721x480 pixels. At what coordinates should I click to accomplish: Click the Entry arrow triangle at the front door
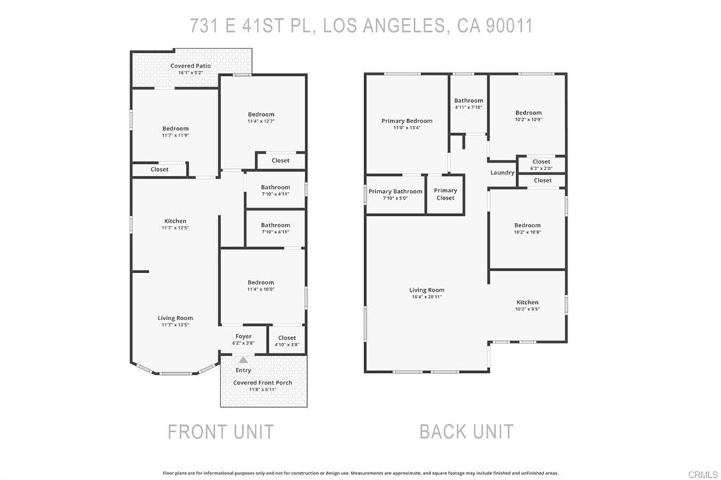click(x=243, y=360)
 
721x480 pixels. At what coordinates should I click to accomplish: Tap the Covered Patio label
click(x=190, y=66)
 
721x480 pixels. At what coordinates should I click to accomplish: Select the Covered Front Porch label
click(x=263, y=383)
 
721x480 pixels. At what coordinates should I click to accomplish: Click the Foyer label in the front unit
click(x=243, y=336)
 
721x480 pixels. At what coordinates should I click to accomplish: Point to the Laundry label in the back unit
click(x=502, y=172)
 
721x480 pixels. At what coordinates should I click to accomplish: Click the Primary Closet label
click(x=445, y=194)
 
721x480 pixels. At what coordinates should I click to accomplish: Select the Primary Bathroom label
click(x=395, y=191)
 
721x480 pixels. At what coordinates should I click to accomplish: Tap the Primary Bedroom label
click(x=407, y=121)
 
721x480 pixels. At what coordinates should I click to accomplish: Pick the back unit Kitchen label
click(x=527, y=303)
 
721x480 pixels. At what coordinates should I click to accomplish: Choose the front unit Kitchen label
click(x=175, y=221)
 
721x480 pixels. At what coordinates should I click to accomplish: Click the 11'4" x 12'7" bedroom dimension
click(x=261, y=121)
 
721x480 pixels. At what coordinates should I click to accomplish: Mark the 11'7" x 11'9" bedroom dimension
click(x=175, y=135)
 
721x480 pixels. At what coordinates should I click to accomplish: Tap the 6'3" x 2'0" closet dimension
click(x=541, y=168)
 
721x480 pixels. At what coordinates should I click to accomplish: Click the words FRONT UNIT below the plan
click(x=220, y=431)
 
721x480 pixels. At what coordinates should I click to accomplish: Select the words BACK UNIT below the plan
click(x=466, y=431)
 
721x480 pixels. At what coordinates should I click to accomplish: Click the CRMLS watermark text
click(x=703, y=474)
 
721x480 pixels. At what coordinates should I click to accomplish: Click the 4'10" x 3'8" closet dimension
click(x=287, y=344)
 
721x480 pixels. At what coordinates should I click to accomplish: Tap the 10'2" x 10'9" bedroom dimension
click(x=528, y=120)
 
